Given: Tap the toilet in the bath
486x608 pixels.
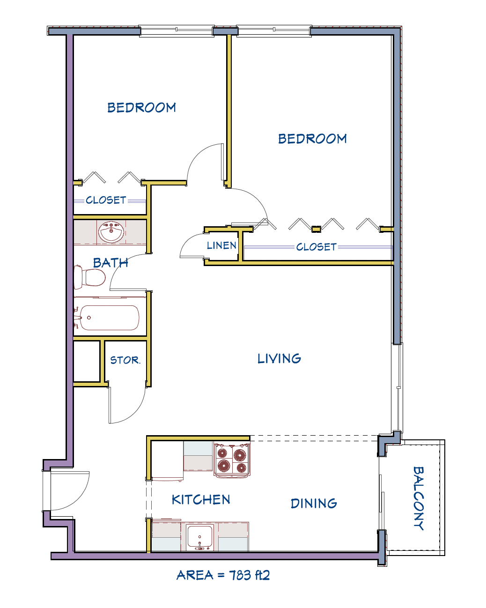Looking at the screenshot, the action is pos(89,277).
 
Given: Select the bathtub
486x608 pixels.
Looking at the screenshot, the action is pos(110,318).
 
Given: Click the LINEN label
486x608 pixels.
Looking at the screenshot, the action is pos(221,245).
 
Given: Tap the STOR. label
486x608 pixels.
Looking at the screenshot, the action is pos(125,360).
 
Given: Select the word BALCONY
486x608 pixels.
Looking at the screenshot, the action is pos(418,498).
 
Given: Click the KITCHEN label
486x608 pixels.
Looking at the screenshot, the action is pos(201,499).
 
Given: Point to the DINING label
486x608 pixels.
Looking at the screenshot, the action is pos(314,503).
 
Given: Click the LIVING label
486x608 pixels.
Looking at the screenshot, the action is pos(279,358).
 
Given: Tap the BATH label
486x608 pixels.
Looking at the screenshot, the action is pos(110,263).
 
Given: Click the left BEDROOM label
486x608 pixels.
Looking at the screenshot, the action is pos(141,107).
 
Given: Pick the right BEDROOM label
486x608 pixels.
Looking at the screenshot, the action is pos(312,139).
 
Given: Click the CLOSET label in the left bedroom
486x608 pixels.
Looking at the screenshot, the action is pos(106,200).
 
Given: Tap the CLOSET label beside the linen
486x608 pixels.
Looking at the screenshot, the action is pos(317,247).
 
